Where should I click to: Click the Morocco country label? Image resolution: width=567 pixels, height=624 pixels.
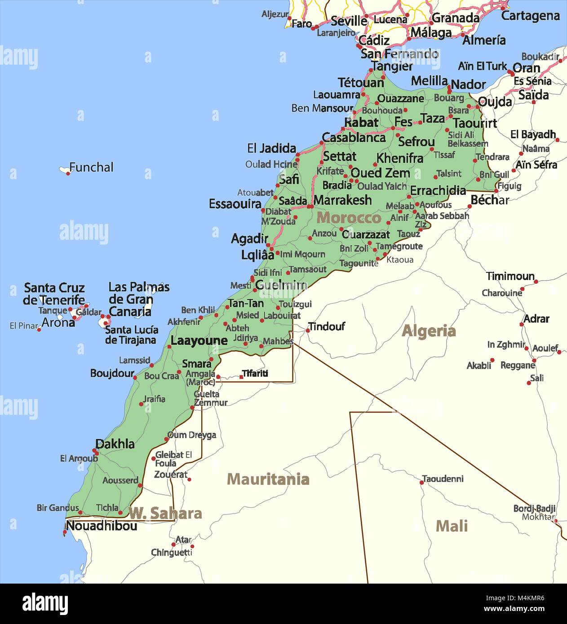pyautogui.click(x=349, y=218)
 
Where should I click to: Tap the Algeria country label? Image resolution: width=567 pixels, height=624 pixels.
pyautogui.click(x=429, y=331)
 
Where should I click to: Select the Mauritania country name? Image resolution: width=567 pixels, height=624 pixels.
pyautogui.click(x=268, y=479)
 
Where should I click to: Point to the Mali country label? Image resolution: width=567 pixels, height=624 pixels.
pyautogui.click(x=452, y=526)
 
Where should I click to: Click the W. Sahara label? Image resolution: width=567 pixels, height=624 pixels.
pyautogui.click(x=165, y=513)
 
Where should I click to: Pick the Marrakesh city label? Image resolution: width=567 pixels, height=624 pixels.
pyautogui.click(x=342, y=200)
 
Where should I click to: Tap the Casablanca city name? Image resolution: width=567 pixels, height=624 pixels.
pyautogui.click(x=354, y=138)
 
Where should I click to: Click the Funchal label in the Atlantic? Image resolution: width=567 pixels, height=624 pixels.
pyautogui.click(x=91, y=167)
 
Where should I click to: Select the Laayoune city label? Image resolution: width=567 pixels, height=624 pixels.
pyautogui.click(x=199, y=341)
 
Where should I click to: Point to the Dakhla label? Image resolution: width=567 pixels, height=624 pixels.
pyautogui.click(x=115, y=444)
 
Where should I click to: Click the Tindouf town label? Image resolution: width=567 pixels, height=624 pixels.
pyautogui.click(x=327, y=326)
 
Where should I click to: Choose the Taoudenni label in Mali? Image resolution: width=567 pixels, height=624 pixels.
pyautogui.click(x=443, y=479)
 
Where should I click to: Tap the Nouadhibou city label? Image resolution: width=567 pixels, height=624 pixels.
pyautogui.click(x=102, y=526)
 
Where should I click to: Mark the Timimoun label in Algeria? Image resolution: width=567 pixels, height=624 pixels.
pyautogui.click(x=510, y=276)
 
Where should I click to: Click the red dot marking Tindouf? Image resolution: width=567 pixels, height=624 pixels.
pyautogui.click(x=308, y=331)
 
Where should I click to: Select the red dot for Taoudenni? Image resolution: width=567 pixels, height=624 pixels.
pyautogui.click(x=422, y=483)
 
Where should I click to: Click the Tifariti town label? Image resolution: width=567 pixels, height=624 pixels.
pyautogui.click(x=255, y=373)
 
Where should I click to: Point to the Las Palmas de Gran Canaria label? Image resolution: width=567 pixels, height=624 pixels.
pyautogui.click(x=138, y=299)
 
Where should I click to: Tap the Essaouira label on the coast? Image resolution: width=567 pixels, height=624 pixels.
pyautogui.click(x=235, y=204)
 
